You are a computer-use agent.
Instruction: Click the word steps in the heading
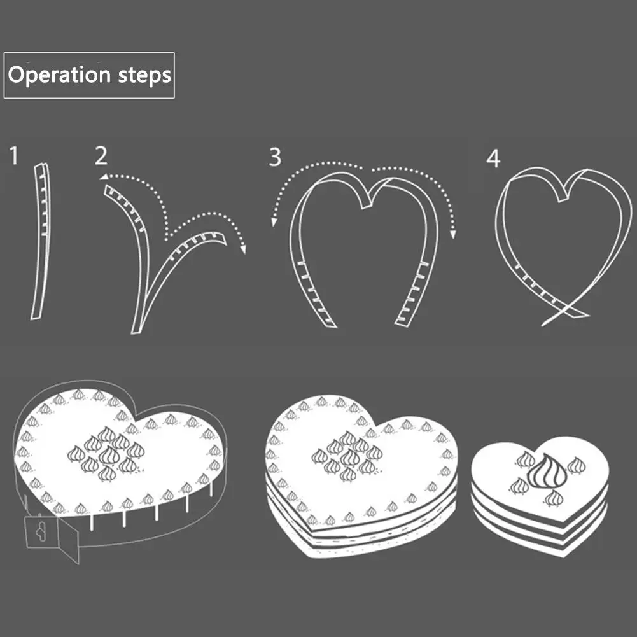(x=145, y=76)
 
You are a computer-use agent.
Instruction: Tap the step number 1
(x=14, y=155)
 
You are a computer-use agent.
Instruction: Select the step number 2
(x=101, y=155)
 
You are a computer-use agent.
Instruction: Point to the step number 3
(x=274, y=157)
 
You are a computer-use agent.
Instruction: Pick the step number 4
(x=493, y=158)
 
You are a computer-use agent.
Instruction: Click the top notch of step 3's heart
(x=367, y=202)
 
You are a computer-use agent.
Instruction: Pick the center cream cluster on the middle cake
(x=347, y=456)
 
